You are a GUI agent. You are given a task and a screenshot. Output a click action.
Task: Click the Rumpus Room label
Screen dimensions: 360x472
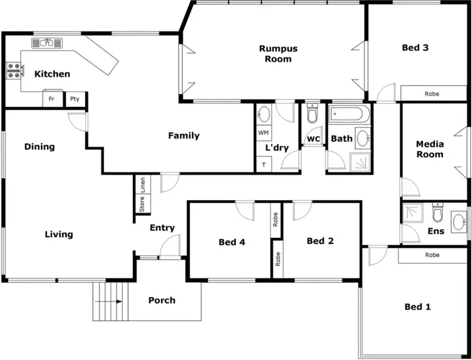pyautogui.click(x=278, y=53)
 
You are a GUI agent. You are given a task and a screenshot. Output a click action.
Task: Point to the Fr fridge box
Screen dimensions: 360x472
pyautogui.click(x=52, y=99)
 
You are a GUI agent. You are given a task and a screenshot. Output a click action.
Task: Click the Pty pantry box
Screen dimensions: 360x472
pyautogui.click(x=75, y=99)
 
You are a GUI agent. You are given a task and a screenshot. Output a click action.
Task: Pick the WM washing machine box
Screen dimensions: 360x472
pyautogui.click(x=263, y=133)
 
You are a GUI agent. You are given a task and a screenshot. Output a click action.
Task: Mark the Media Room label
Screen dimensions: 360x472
pyautogui.click(x=430, y=149)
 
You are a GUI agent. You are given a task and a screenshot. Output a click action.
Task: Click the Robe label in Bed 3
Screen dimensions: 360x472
pyautogui.click(x=432, y=94)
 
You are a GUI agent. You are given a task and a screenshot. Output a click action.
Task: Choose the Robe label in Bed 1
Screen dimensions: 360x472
pyautogui.click(x=432, y=255)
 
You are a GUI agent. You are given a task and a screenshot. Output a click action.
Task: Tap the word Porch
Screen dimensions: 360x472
pyautogui.click(x=162, y=300)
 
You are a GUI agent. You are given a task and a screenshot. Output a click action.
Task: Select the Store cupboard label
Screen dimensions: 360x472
pyautogui.click(x=142, y=205)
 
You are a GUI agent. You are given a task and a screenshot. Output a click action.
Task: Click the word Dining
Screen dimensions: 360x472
pyautogui.click(x=40, y=147)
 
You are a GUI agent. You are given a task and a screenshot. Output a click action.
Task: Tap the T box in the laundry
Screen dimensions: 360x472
pyautogui.click(x=262, y=164)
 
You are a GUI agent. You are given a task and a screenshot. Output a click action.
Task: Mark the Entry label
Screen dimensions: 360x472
pyautogui.click(x=162, y=228)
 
